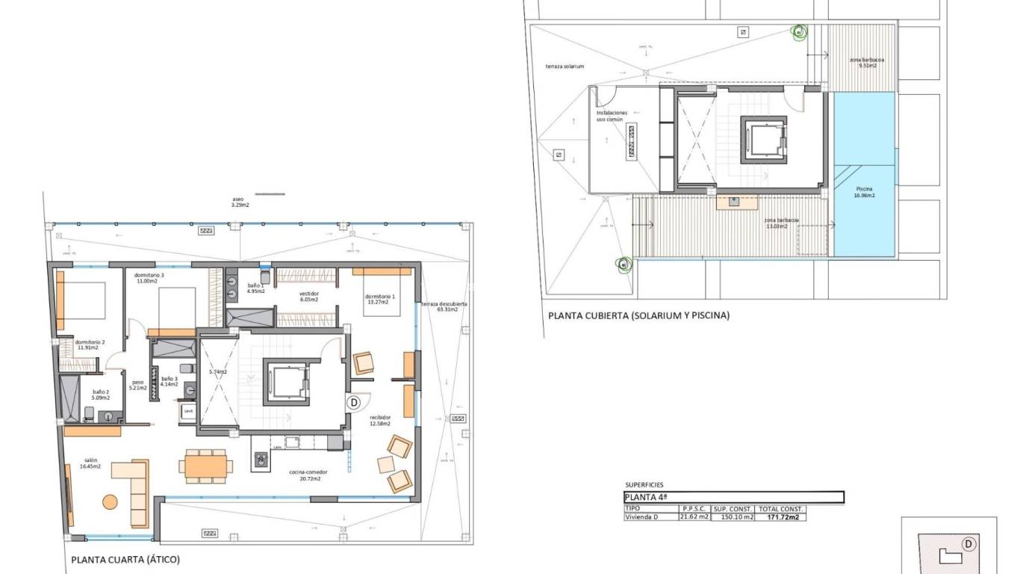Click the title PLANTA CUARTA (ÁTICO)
[125, 559]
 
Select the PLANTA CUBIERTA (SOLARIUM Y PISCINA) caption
[638, 315]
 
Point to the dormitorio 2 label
[90, 345]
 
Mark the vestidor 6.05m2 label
[309, 296]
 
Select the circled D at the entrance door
[354, 402]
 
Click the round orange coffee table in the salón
[110, 502]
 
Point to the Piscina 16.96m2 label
[865, 192]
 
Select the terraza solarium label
[565, 67]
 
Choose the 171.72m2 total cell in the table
[780, 516]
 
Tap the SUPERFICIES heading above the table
[644, 485]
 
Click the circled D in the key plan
[968, 543]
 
